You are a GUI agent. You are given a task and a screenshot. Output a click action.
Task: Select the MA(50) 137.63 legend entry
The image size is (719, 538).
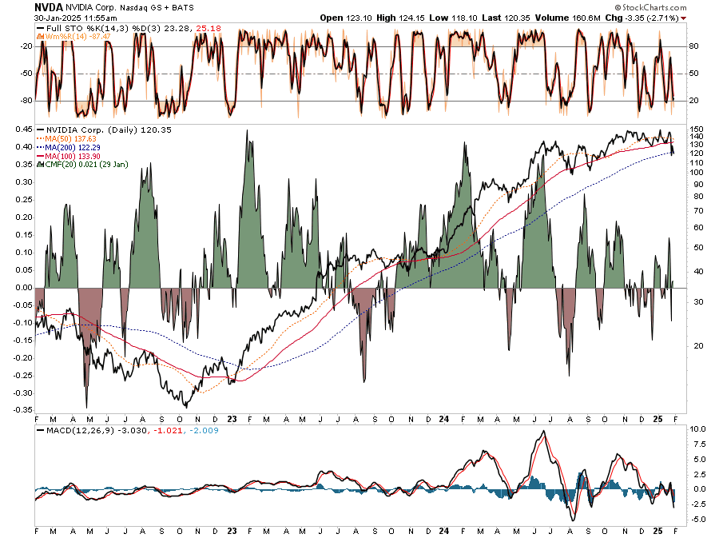[x=69, y=137]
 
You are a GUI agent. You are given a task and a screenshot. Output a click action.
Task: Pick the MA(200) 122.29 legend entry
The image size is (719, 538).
[x=71, y=146]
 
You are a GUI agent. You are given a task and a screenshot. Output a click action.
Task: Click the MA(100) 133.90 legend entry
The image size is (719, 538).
[x=71, y=155]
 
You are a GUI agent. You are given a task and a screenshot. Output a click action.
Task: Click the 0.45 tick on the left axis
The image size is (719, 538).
[x=22, y=129]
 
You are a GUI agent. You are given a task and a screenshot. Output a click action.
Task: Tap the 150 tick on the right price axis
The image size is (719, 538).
[x=696, y=129]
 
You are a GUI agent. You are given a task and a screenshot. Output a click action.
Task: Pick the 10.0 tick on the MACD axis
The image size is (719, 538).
[x=697, y=429]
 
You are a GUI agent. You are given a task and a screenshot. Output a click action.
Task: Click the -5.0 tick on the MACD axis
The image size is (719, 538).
[x=697, y=519]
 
